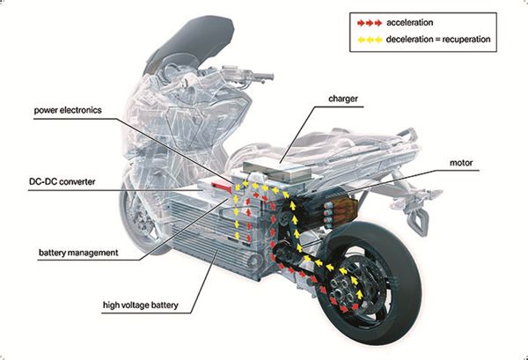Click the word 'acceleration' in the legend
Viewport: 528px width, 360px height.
[x=414, y=22]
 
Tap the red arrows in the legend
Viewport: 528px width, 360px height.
[x=366, y=22]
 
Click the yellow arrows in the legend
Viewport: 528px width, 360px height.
[x=366, y=39]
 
